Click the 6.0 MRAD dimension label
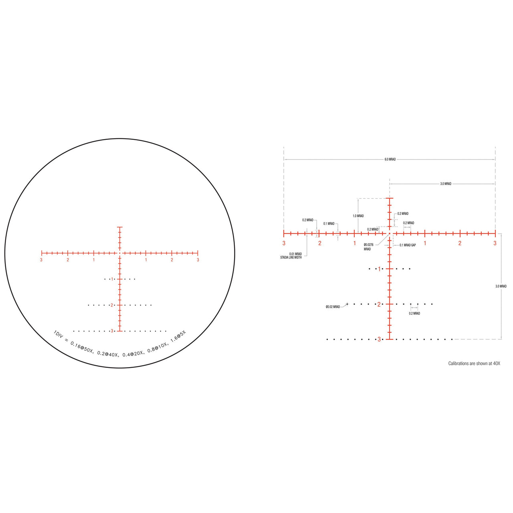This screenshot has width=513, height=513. [390, 160]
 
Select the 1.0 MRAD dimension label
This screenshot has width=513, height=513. [358, 216]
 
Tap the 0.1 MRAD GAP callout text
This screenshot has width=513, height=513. [408, 245]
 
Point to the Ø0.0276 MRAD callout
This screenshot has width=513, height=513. [369, 247]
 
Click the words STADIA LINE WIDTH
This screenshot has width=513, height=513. [291, 257]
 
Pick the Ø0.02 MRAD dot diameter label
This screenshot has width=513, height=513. [333, 307]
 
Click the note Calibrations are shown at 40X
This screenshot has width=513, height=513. [474, 364]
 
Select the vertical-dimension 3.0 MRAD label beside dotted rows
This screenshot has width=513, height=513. [501, 286]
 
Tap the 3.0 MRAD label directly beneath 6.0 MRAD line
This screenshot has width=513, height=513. [446, 184]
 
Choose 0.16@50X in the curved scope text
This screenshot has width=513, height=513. [81, 347]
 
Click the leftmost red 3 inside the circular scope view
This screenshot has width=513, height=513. [41, 260]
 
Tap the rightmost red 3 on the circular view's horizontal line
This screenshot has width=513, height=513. [198, 260]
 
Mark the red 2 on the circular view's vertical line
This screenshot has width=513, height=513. [112, 305]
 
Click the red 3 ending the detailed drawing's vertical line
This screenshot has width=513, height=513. [379, 339]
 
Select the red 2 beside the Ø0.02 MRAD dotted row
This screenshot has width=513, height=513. [379, 304]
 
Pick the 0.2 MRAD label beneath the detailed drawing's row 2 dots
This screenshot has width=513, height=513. [414, 313]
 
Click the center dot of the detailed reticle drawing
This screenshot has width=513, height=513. [389, 233]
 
